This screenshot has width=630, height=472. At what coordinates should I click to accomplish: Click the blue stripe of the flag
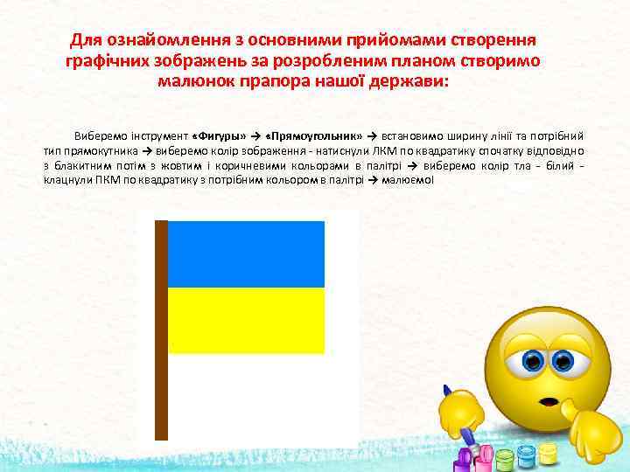click(246, 253)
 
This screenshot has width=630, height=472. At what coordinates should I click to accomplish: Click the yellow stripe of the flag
click(246, 320)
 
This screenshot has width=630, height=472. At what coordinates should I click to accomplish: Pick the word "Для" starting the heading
click(86, 41)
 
